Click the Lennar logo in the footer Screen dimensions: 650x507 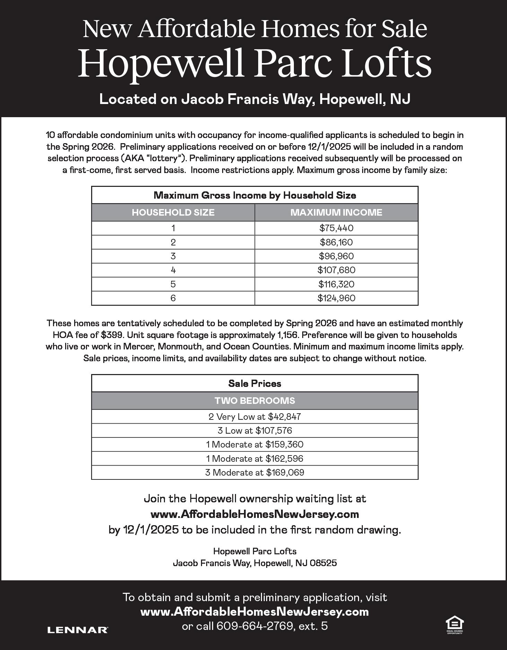[x=78, y=630]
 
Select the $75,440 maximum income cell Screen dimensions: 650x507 [x=336, y=228]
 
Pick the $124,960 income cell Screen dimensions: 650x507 [x=336, y=298]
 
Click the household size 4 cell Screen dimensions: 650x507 [x=173, y=270]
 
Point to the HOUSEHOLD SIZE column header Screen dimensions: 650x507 [x=173, y=212]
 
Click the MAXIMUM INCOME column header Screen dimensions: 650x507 [x=336, y=212]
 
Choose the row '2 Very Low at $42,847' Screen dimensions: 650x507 [x=255, y=416]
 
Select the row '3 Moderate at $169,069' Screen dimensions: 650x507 [x=255, y=473]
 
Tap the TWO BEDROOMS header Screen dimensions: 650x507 [x=255, y=400]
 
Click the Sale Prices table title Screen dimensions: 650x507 [x=255, y=383]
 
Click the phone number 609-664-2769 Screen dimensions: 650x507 [x=255, y=626]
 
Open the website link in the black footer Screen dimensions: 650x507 [x=255, y=612]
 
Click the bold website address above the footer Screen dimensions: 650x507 [x=255, y=514]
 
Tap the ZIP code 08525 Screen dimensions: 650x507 [x=323, y=563]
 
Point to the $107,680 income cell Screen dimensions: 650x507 [x=336, y=270]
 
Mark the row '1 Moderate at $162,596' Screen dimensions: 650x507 [x=255, y=458]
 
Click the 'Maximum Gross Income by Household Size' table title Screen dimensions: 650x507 [x=255, y=195]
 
